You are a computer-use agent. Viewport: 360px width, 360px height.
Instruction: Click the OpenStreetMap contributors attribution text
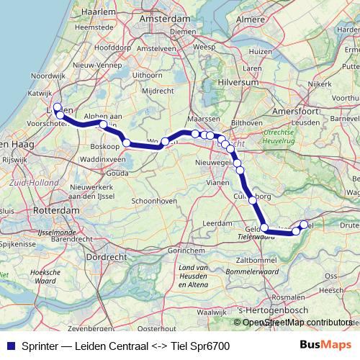coord(297,322)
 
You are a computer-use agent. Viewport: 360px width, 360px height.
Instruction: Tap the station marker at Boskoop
coord(127,143)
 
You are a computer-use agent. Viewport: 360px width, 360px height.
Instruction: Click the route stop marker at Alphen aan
coord(103,125)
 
